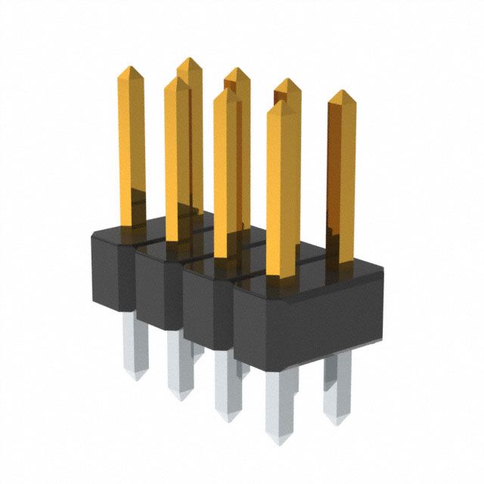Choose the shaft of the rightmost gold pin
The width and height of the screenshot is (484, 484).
[x=341, y=174]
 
